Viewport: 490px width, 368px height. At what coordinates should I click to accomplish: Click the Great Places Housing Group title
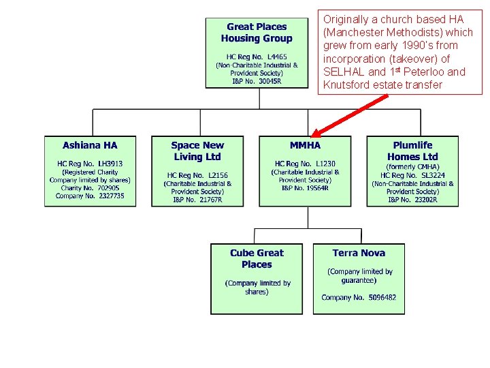257,33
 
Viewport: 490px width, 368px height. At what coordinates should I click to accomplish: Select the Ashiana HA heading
90,145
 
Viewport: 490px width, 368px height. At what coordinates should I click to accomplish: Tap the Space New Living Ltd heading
197,151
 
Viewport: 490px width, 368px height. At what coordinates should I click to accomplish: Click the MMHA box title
305,145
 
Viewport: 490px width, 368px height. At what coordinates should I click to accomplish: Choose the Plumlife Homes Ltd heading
412,151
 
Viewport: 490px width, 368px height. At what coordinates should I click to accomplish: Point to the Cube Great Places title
257,258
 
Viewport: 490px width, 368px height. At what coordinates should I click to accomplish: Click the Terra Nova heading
359,253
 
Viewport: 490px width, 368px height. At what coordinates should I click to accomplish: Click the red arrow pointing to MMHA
347,115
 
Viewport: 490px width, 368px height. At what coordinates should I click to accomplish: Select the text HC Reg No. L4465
257,57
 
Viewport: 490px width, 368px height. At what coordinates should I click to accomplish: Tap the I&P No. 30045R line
257,81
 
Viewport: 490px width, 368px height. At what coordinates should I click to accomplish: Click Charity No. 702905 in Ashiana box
90,188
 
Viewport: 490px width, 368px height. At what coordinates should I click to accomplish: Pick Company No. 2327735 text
90,196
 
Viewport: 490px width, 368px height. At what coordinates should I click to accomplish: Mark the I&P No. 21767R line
197,200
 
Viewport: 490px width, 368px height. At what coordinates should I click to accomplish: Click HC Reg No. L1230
305,164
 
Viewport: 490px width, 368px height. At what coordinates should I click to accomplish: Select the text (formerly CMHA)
412,167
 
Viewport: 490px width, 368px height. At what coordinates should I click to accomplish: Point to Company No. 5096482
359,297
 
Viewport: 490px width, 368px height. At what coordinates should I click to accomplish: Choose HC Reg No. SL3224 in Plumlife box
412,175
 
